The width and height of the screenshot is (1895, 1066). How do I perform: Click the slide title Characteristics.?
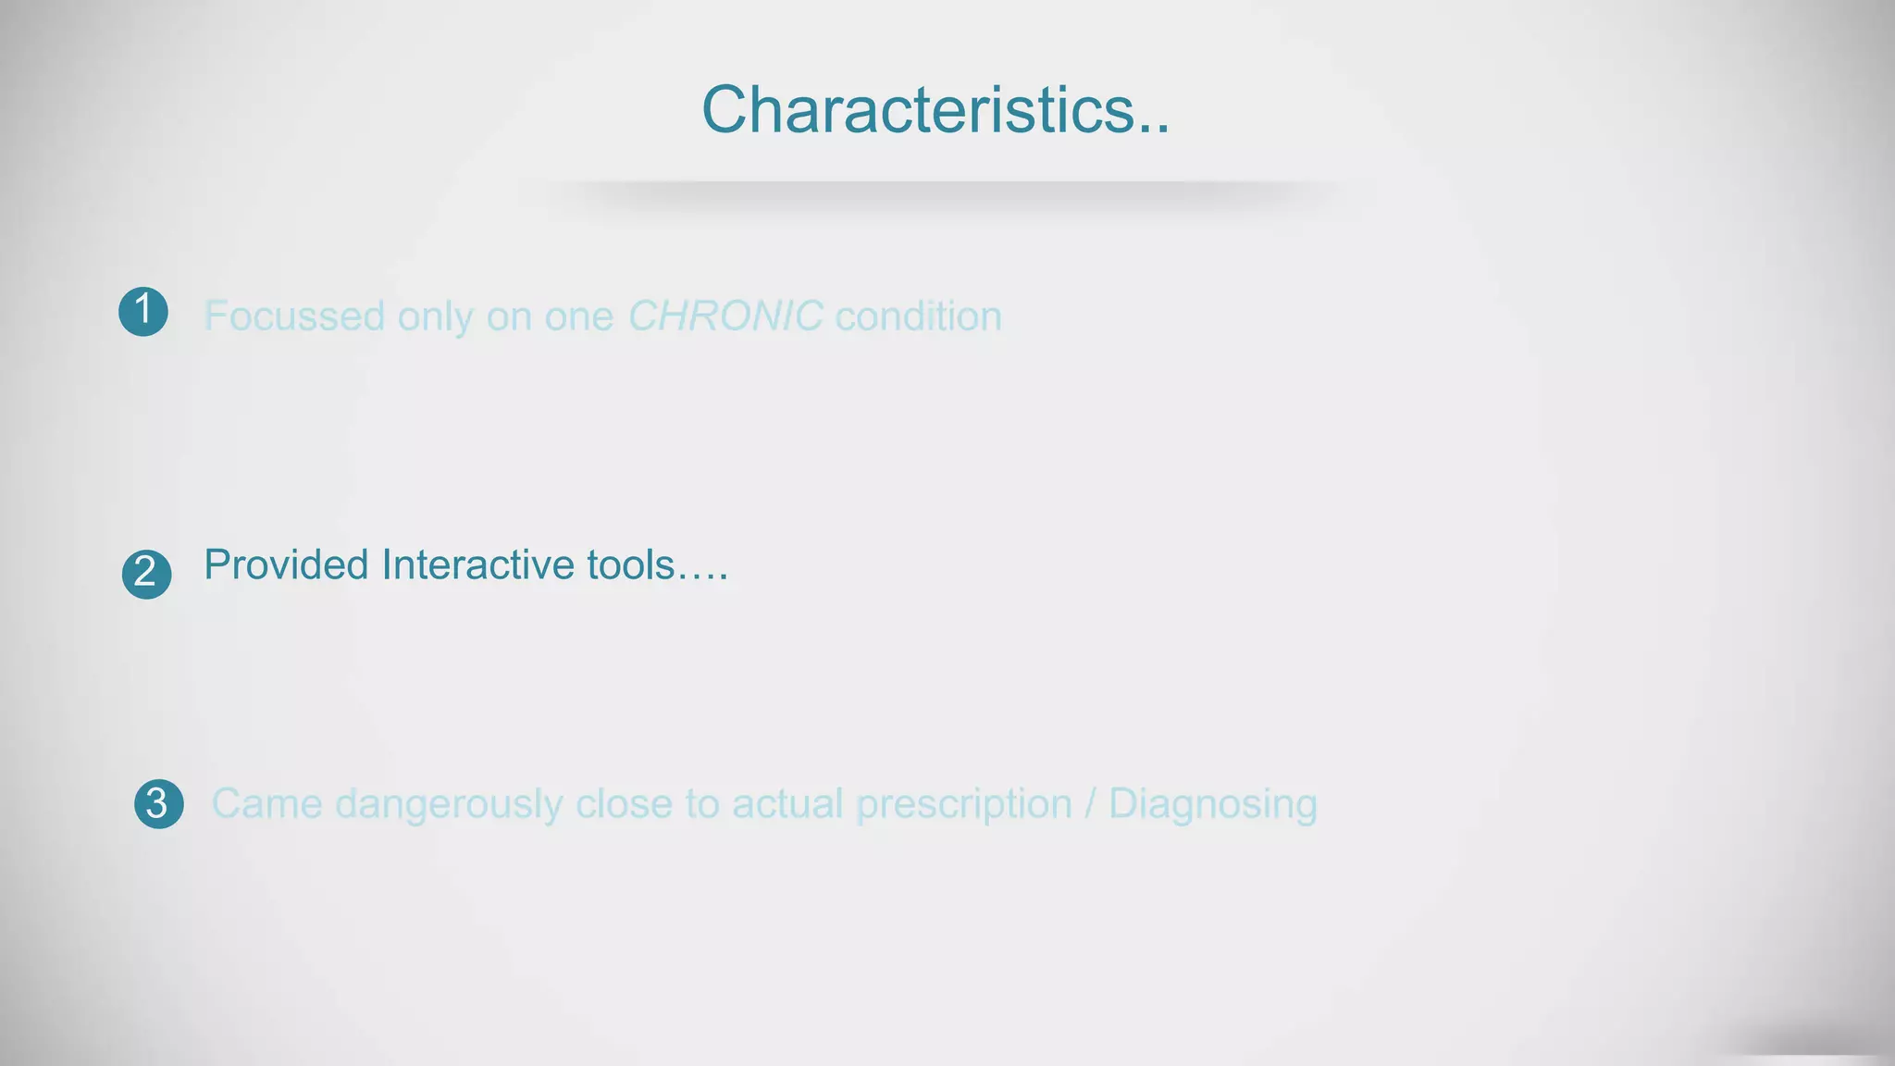point(935,110)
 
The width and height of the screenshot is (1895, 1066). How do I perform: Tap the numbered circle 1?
point(143,312)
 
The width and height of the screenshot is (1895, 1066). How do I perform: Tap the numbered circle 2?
point(146,574)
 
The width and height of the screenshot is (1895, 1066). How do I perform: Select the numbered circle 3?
point(158,803)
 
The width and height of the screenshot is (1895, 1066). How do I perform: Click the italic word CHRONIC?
point(725,316)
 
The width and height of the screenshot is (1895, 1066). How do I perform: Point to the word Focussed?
point(293,316)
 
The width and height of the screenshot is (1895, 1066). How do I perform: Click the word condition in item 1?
point(918,316)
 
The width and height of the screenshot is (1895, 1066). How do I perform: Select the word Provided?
point(286,564)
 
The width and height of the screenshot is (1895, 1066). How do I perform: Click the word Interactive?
point(477,564)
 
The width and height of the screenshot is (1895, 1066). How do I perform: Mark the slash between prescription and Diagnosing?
point(1090,803)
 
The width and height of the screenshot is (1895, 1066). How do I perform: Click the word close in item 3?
point(624,803)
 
